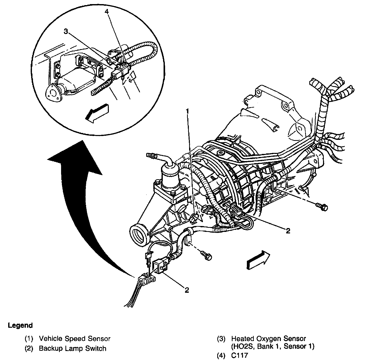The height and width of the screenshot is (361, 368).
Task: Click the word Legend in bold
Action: pos(20,325)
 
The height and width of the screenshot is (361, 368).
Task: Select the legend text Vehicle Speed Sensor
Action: pos(75,339)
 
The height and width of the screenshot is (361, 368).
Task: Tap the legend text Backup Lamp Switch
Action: pos(73,348)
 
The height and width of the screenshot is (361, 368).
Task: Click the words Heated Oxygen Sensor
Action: pos(269,339)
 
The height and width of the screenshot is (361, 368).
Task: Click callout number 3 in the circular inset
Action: pos(66,32)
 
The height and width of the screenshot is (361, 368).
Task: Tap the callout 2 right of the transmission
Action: pos(288,231)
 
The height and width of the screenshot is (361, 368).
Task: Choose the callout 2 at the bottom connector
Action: pos(187,290)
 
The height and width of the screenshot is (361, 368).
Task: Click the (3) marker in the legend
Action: pos(221,339)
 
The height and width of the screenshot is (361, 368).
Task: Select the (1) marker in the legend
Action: pos(29,339)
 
